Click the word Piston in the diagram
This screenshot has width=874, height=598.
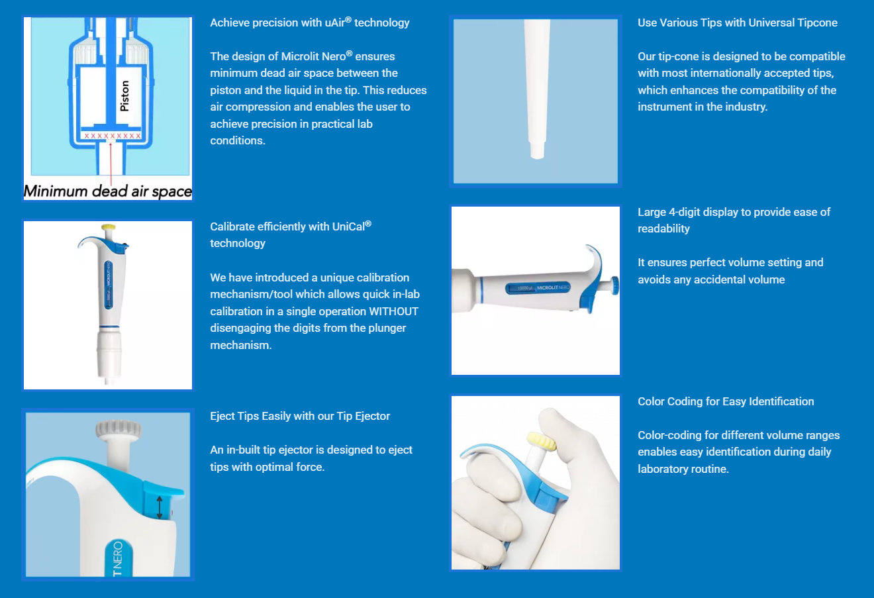click(x=124, y=96)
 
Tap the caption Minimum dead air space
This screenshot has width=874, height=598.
click(x=108, y=191)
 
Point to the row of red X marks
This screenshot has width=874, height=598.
click(x=113, y=136)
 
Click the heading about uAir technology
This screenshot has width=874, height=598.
click(x=310, y=23)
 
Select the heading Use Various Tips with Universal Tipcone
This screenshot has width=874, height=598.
click(x=738, y=23)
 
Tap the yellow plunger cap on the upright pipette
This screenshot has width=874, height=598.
click(x=108, y=226)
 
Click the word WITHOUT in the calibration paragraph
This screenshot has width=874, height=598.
click(x=393, y=311)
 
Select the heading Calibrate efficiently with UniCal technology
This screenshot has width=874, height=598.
click(x=291, y=234)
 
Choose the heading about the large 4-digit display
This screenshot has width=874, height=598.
click(x=734, y=220)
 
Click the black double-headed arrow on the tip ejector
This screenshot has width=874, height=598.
click(x=159, y=507)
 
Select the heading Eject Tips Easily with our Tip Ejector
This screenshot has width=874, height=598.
click(x=300, y=416)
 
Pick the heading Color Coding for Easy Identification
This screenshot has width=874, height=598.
click(x=726, y=401)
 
